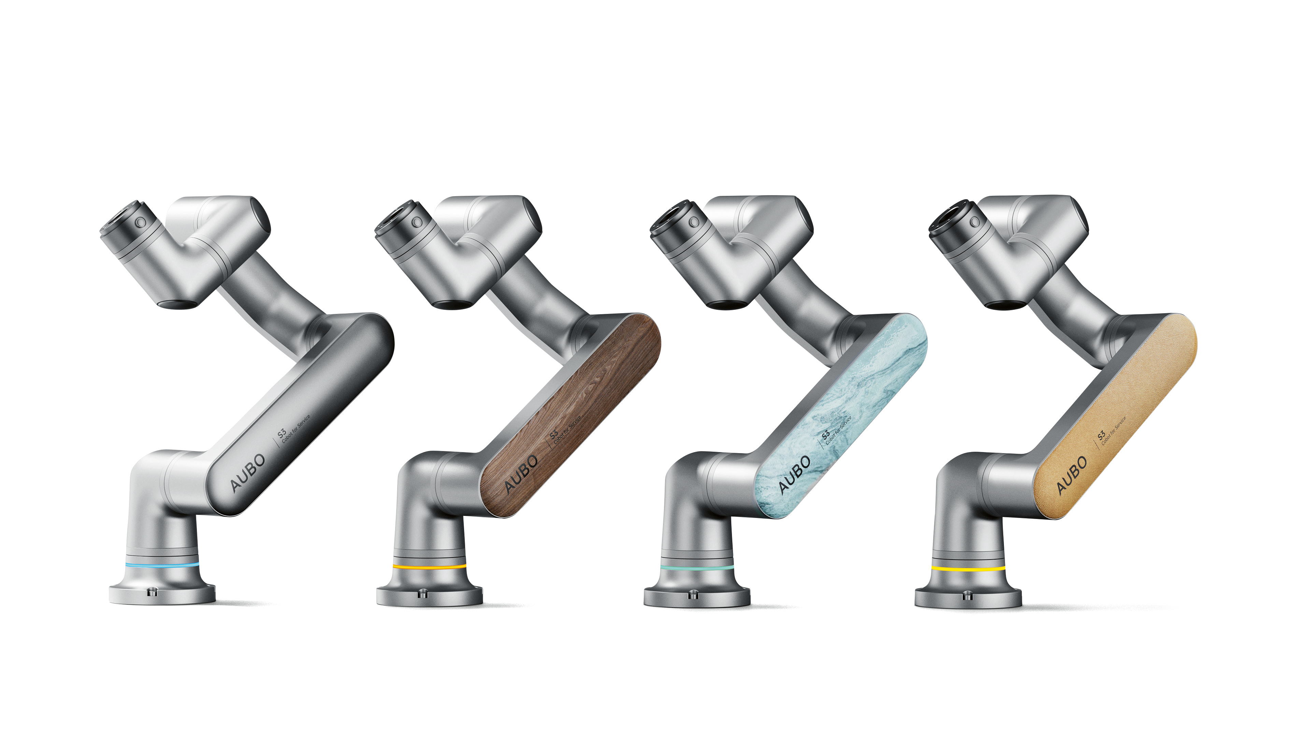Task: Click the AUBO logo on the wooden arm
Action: click(521, 473)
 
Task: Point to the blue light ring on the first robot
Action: click(162, 565)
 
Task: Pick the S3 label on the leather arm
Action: click(1101, 436)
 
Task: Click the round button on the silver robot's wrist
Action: click(140, 222)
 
